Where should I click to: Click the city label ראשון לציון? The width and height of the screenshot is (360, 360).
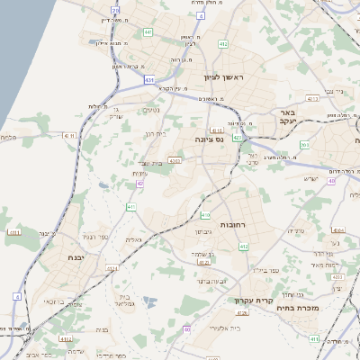coord(224,77)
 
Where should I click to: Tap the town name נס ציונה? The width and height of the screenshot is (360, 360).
coord(208,140)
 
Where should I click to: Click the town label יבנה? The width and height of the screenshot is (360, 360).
coord(77,256)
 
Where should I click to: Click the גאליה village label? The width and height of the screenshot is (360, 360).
coord(133,241)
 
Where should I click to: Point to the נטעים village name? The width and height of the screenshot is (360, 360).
coord(149,110)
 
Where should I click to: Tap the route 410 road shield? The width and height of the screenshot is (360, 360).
coord(205,214)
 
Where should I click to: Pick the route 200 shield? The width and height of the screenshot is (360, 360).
coord(304,144)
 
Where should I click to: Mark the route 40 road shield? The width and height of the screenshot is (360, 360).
coord(332,181)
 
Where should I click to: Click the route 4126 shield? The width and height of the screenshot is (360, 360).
coord(241,311)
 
